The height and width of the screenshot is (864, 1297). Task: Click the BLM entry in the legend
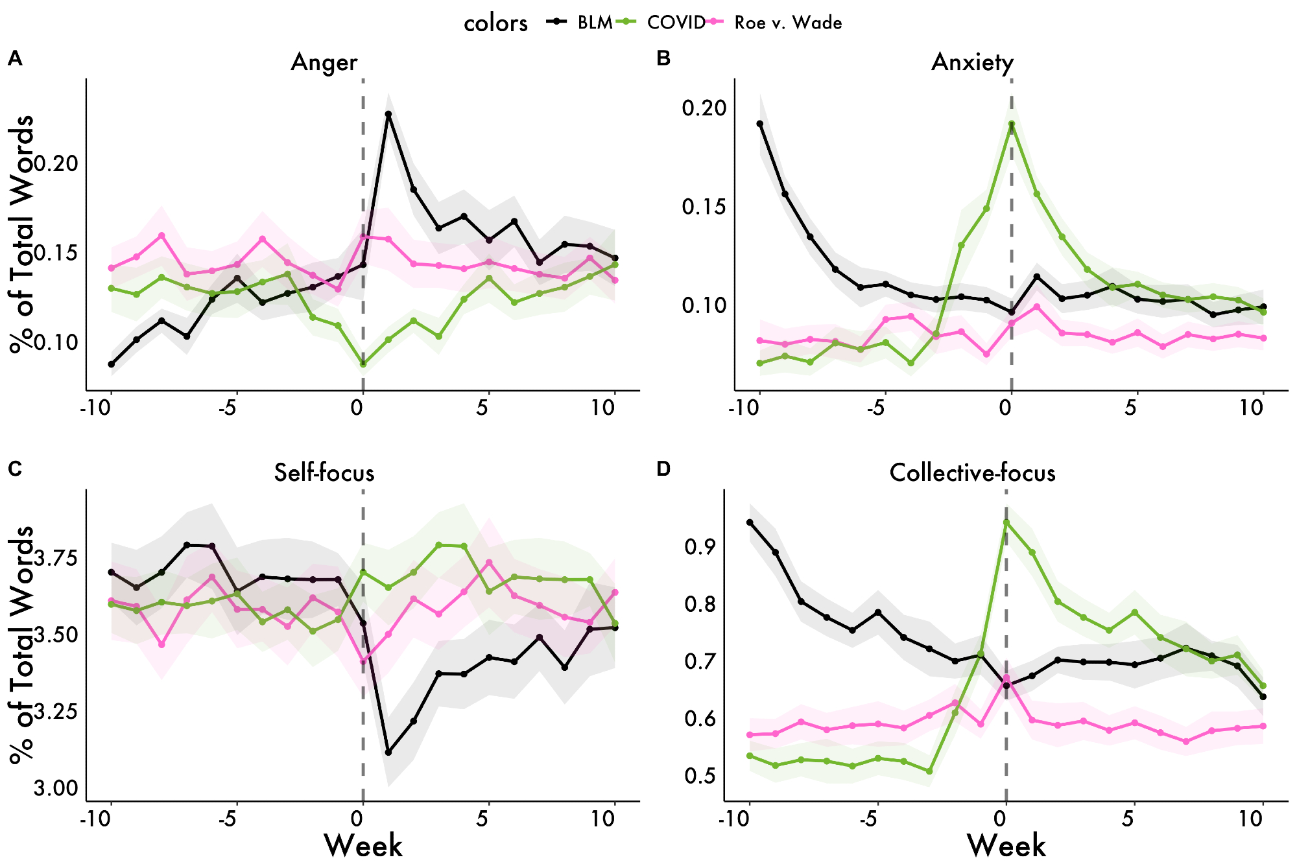click(x=594, y=23)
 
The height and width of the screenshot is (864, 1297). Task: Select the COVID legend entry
click(x=675, y=23)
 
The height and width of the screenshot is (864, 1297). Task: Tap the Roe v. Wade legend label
click(x=787, y=23)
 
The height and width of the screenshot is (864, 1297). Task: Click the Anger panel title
click(x=324, y=62)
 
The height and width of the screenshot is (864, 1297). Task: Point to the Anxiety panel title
click(x=972, y=62)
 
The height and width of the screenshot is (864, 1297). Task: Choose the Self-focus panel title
click(x=324, y=473)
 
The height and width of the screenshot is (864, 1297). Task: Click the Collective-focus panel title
click(x=972, y=473)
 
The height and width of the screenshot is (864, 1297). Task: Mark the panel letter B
click(x=663, y=58)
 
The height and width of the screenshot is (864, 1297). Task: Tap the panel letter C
click(x=14, y=469)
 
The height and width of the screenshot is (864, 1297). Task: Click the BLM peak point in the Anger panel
click(x=388, y=114)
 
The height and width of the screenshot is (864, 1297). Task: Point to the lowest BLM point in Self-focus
click(x=388, y=752)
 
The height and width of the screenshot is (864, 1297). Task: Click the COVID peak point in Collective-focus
click(x=1006, y=522)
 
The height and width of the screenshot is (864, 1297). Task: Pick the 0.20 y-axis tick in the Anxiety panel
click(x=704, y=108)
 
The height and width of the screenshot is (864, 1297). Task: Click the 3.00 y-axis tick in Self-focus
click(x=56, y=788)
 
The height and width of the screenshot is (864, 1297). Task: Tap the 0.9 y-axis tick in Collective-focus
click(x=700, y=546)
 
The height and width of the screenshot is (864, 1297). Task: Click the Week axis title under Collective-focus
click(x=1006, y=845)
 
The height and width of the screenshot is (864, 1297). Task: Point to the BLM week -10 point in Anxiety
click(x=760, y=124)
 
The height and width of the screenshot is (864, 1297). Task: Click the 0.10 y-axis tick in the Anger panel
click(x=56, y=342)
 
